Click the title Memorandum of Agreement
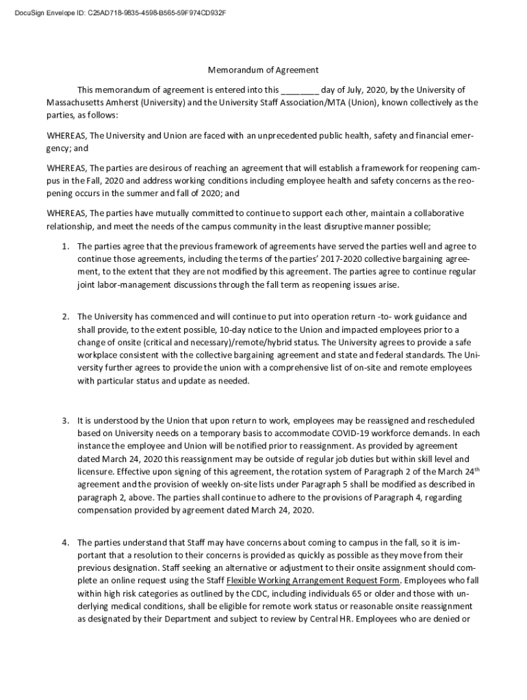(263, 70)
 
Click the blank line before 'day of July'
(299, 90)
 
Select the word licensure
(96, 472)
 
